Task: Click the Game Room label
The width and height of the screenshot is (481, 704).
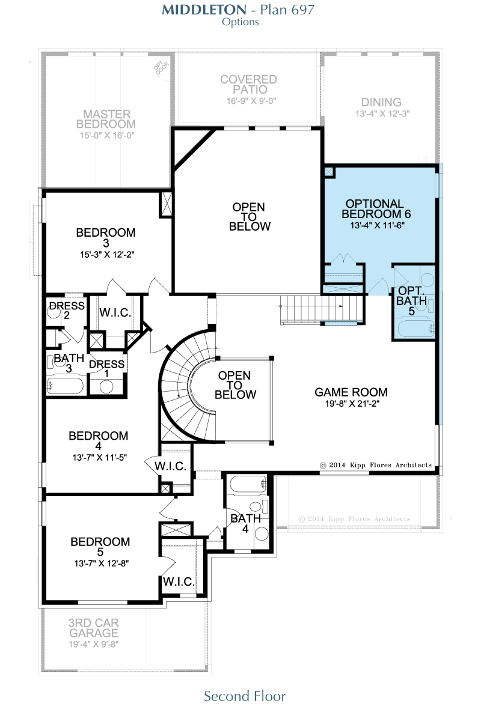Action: pyautogui.click(x=351, y=392)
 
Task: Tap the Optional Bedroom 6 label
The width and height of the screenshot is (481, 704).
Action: pyautogui.click(x=376, y=209)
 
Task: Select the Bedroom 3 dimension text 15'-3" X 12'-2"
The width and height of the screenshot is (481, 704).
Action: pyautogui.click(x=107, y=255)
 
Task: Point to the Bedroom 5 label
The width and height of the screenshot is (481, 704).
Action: pyautogui.click(x=100, y=547)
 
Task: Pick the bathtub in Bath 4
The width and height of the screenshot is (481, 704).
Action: pyautogui.click(x=248, y=484)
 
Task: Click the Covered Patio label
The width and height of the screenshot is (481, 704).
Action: pyautogui.click(x=248, y=85)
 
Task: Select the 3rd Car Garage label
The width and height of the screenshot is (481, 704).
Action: pyautogui.click(x=94, y=628)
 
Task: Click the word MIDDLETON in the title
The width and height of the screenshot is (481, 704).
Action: pyautogui.click(x=204, y=10)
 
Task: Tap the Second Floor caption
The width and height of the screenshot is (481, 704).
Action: pyautogui.click(x=245, y=696)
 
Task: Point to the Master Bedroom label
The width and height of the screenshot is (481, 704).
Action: pyautogui.click(x=106, y=119)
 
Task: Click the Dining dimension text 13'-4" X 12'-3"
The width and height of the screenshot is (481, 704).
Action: pyautogui.click(x=382, y=114)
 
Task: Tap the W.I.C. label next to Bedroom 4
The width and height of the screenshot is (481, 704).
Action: pyautogui.click(x=170, y=466)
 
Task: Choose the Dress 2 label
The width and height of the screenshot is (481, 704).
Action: pyautogui.click(x=67, y=310)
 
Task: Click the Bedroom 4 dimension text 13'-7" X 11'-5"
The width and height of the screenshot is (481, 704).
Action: pyautogui.click(x=99, y=458)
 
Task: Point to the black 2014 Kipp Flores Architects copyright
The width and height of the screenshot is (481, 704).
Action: pyautogui.click(x=375, y=465)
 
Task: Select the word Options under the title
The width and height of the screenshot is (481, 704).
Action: pyautogui.click(x=240, y=22)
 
